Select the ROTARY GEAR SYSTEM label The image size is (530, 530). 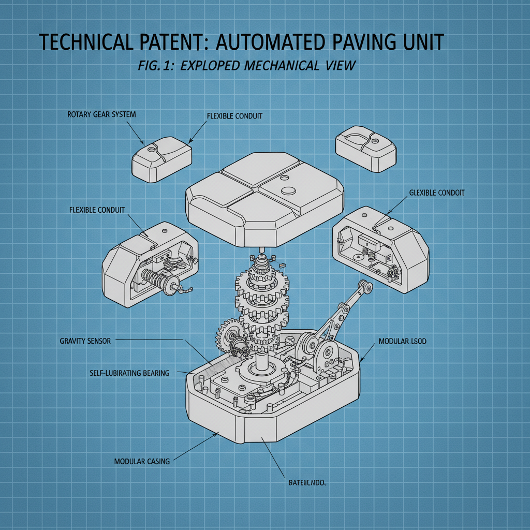(x=101, y=114)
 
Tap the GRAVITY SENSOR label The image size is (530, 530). (x=85, y=341)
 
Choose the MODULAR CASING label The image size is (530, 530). (x=141, y=461)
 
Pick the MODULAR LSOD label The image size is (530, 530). (x=402, y=342)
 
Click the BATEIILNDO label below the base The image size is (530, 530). (x=307, y=483)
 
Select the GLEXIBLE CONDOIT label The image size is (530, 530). (x=436, y=193)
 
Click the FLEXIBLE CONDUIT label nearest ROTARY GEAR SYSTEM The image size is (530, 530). (x=234, y=116)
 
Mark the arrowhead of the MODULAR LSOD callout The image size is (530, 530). (x=360, y=361)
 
